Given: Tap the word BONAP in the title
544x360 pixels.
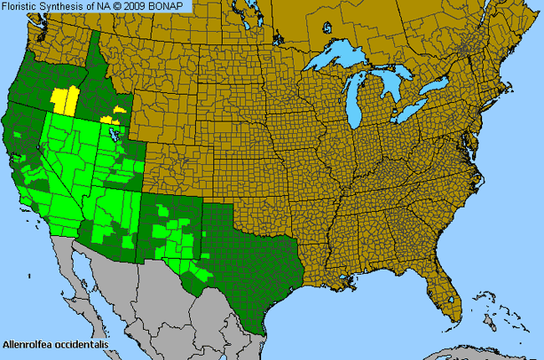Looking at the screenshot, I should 172,6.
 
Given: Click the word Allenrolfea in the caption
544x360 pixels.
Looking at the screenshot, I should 26,344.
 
